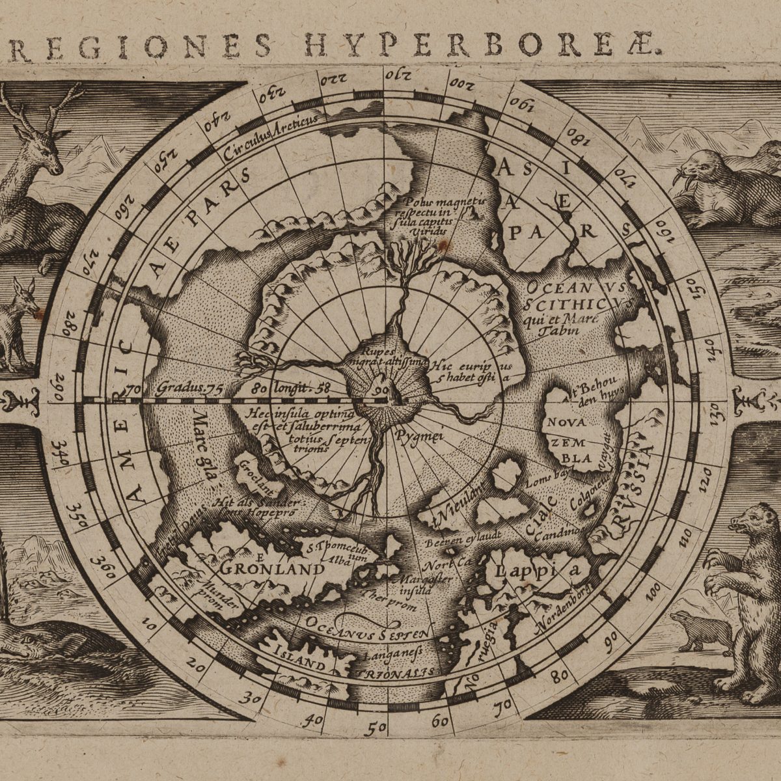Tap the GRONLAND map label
click(x=271, y=569)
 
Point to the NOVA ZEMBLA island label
click(x=569, y=439)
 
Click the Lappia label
click(x=536, y=571)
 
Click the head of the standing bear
click(x=748, y=521)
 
